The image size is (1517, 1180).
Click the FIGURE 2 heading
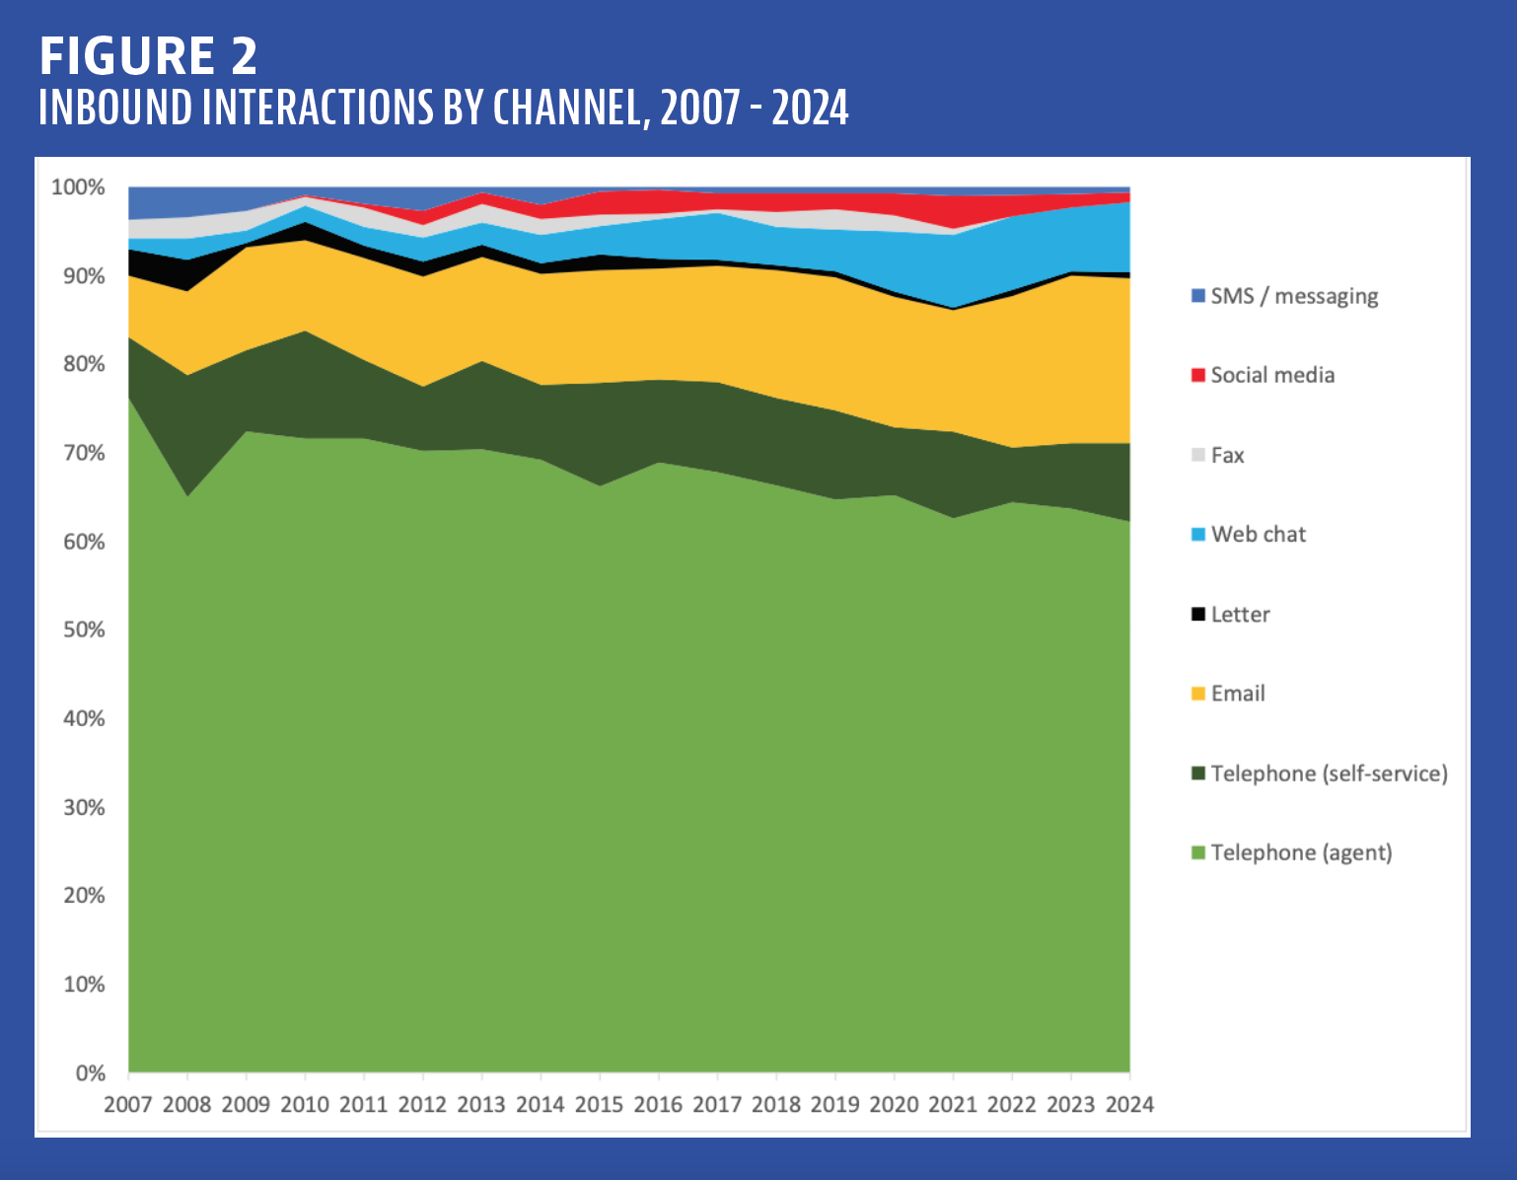click(148, 55)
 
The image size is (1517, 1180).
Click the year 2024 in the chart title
click(810, 109)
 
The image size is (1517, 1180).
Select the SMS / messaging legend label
click(1294, 296)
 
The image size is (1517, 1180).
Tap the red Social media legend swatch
click(1198, 375)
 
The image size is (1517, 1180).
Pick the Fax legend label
click(1227, 455)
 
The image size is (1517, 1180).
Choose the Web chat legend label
click(1259, 535)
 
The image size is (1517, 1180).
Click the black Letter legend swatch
click(1198, 614)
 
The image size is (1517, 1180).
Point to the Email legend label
click(1238, 694)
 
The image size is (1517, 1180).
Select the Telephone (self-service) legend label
click(1329, 774)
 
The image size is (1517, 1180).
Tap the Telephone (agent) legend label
click(1301, 852)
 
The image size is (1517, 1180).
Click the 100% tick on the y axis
click(78, 187)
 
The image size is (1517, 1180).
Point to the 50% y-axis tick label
click(83, 629)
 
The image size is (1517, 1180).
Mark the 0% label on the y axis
click(90, 1073)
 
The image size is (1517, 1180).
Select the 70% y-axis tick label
click(83, 453)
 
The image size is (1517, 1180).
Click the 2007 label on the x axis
click(128, 1105)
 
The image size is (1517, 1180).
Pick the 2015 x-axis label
click(599, 1105)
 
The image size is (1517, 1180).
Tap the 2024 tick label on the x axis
click(1129, 1105)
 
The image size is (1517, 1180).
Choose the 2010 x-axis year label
click(305, 1105)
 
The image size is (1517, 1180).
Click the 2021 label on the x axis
click(953, 1105)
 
